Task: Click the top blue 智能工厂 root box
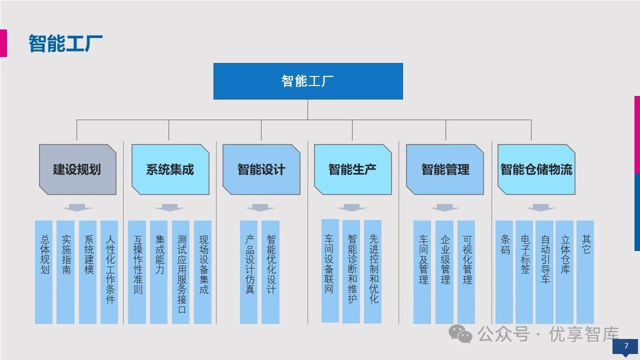(x=308, y=81)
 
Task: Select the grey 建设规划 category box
(x=77, y=169)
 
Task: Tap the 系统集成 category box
(x=170, y=169)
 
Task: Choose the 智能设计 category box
(x=261, y=169)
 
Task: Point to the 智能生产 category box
(x=352, y=169)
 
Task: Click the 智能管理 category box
(x=445, y=169)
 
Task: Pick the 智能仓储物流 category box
(x=536, y=169)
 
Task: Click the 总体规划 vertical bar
(x=44, y=272)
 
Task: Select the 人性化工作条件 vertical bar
(x=109, y=272)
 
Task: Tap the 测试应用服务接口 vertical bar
(x=181, y=272)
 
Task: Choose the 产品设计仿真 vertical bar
(x=249, y=272)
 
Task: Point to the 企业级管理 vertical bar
(x=444, y=272)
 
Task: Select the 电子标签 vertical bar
(x=524, y=272)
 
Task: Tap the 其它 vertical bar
(x=585, y=272)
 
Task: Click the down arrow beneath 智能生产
(x=351, y=207)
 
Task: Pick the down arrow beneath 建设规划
(x=77, y=207)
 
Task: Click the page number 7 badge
(x=625, y=346)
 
